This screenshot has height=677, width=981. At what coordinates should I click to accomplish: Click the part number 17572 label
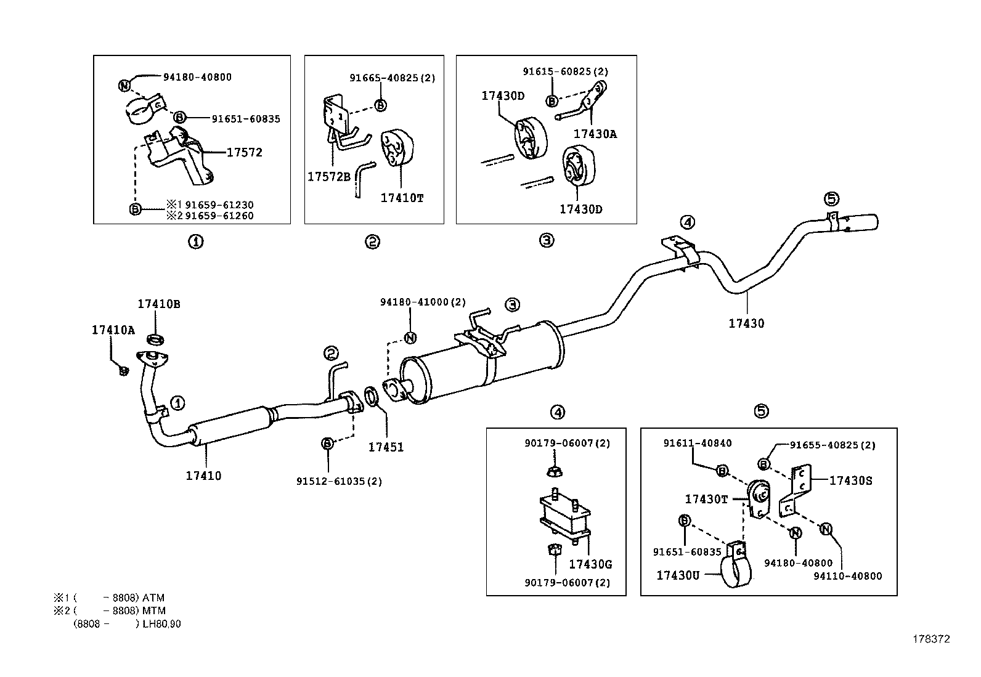245,153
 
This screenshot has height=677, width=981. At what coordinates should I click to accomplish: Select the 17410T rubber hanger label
402,198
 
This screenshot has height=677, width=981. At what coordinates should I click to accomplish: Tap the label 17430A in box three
595,134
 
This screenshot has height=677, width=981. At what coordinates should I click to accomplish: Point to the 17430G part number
590,564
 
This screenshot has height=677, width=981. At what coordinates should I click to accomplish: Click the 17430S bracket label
850,481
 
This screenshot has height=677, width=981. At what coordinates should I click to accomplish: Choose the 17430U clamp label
678,575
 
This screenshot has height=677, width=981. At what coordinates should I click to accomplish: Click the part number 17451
386,448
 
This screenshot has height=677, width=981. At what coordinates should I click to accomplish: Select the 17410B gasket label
158,304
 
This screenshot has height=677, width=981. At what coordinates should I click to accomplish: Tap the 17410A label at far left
113,330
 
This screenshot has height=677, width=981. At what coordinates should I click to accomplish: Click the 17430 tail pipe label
746,323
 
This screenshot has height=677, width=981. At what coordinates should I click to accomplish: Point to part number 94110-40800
847,577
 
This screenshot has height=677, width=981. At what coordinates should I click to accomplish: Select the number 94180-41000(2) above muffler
423,302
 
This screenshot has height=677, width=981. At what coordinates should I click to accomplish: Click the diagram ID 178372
931,639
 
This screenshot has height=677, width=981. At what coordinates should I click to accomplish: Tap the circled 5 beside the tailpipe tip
831,198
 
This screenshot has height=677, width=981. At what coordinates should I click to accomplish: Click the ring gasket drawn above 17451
372,397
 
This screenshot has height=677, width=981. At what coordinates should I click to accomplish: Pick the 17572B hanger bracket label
328,177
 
